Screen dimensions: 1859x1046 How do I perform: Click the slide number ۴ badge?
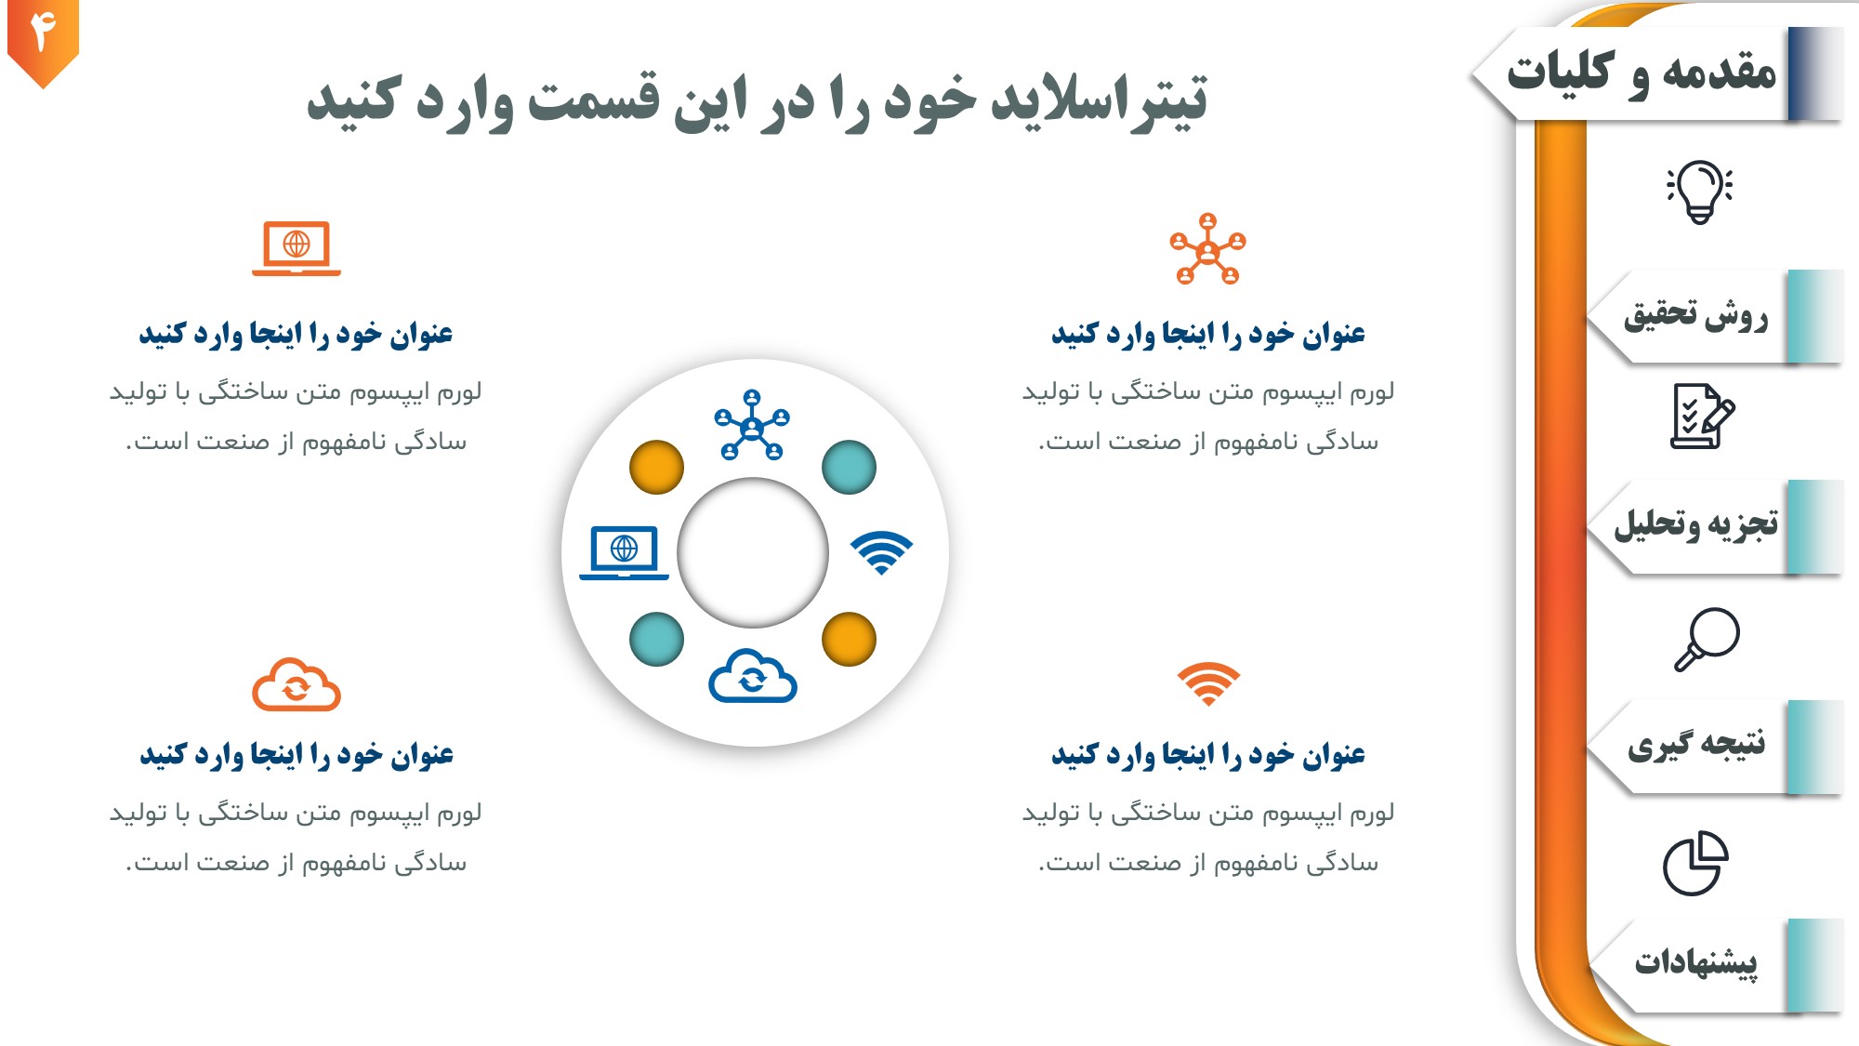coord(43,40)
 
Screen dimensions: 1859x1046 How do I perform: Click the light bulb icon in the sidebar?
coord(1699,192)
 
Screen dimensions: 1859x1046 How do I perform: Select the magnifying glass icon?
coord(1707,639)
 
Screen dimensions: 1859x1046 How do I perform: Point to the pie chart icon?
coord(1695,863)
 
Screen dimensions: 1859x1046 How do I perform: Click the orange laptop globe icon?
coord(297,248)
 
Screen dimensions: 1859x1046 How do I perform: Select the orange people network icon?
coord(1207,248)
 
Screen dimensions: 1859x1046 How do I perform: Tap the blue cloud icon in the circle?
coord(753,676)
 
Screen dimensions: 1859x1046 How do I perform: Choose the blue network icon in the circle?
coord(752,425)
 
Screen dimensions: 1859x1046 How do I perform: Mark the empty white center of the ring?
coord(753,552)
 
